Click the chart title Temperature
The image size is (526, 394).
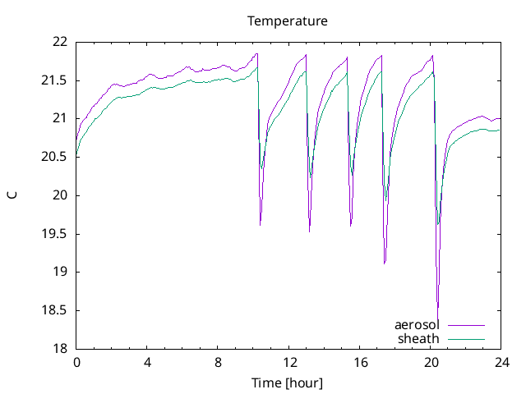point(288,21)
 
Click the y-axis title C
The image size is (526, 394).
point(12,195)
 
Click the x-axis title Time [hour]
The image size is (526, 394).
point(288,383)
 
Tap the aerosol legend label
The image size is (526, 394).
point(417,325)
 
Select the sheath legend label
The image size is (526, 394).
point(418,338)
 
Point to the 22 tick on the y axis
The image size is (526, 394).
point(59,42)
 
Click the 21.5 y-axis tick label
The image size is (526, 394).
point(54,80)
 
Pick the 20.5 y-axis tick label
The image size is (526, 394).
point(54,157)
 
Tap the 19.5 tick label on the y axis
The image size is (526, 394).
point(54,234)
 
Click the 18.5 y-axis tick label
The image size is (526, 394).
point(54,310)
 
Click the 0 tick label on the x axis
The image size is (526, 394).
point(76,362)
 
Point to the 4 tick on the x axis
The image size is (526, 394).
point(147,362)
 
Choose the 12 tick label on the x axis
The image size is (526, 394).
point(289,362)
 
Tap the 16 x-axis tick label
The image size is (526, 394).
point(360,362)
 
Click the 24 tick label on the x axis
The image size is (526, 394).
point(501,362)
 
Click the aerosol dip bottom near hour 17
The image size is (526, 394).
point(384,263)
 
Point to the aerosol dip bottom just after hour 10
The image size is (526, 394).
point(260,225)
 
